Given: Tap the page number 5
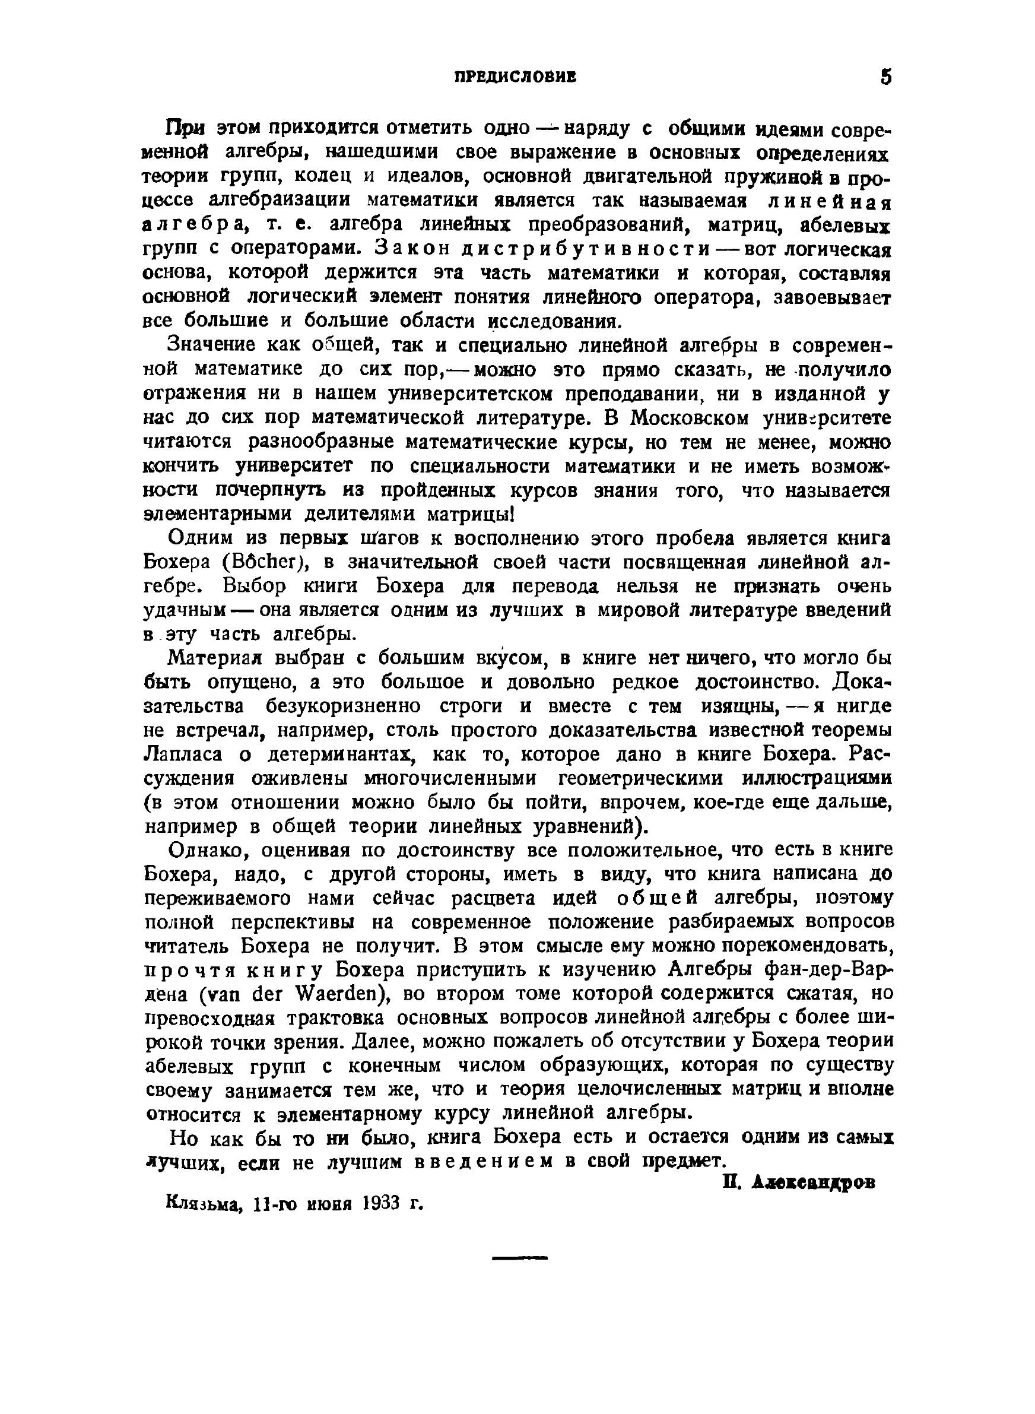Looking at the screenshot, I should point(885,77).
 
